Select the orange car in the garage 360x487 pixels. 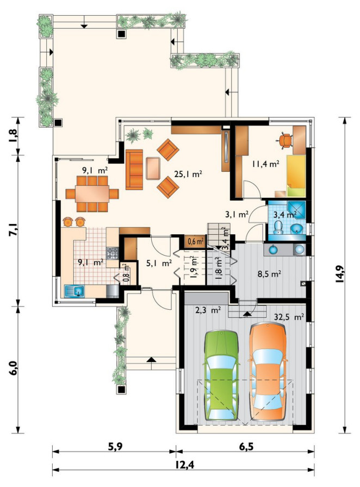coord(268,372)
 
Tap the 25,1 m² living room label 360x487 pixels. coord(188,174)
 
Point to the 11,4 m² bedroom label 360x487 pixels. coord(265,164)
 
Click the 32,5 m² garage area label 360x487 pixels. coord(289,317)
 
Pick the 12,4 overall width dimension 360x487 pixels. coord(183,473)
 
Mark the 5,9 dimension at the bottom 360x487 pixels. coord(115,446)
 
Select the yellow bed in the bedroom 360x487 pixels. coord(296,176)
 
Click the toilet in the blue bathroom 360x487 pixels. coord(278,227)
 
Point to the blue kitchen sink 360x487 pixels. coord(75,291)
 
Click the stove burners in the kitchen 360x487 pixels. coord(112,253)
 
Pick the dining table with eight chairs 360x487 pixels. coord(92,194)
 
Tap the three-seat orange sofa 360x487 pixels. coord(134,169)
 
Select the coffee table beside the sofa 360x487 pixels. coord(153,168)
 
